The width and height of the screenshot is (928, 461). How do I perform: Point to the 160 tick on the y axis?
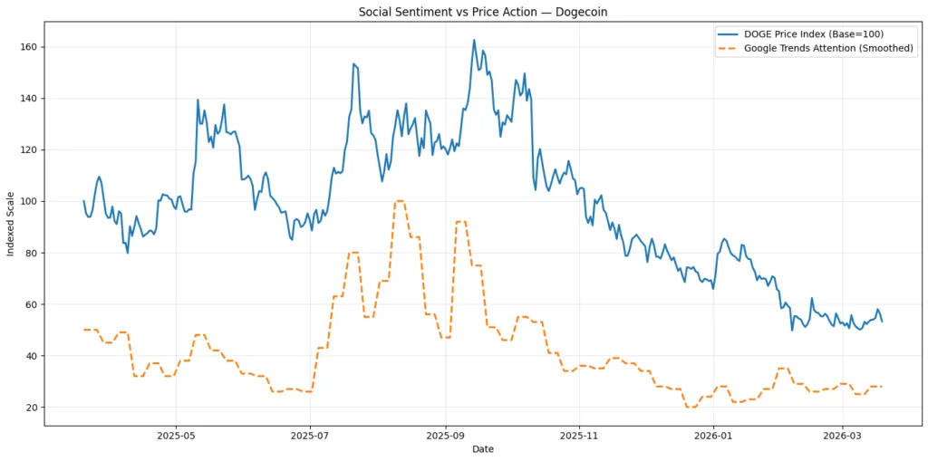(32, 46)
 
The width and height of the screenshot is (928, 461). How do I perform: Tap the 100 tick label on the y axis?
(32, 201)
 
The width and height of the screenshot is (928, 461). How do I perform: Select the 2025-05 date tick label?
(176, 435)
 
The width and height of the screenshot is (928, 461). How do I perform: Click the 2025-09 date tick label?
(445, 435)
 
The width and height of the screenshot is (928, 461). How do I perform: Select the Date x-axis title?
(482, 448)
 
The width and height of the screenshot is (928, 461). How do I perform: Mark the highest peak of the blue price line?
(473, 40)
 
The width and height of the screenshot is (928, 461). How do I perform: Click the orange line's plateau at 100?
(400, 201)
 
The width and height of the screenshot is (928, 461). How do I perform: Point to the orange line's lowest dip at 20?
(691, 408)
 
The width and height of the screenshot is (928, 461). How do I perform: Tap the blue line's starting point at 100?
(83, 201)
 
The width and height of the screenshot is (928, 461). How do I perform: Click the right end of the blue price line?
(882, 322)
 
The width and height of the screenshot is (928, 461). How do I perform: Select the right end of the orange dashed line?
(882, 387)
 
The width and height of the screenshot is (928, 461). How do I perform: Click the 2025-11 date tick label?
(579, 435)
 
